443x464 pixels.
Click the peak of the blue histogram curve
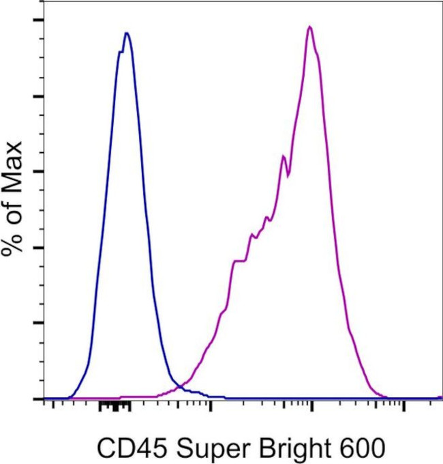coord(126,33)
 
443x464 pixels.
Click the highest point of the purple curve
coord(309,27)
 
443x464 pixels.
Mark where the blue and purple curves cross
coord(179,387)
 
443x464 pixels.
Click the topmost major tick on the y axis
coord(39,20)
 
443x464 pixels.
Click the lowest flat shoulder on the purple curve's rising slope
coord(239,261)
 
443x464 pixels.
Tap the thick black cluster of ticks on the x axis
coord(114,406)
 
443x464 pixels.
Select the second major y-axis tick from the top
coord(39,96)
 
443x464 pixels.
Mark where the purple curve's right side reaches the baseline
coord(386,396)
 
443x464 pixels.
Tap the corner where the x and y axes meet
coord(44,399)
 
